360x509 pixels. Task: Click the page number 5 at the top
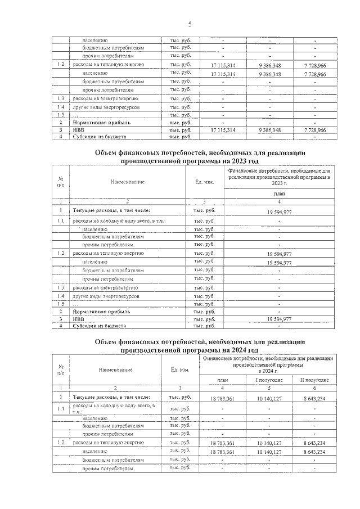pos(190,24)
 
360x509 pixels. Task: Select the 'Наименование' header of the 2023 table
pos(127,181)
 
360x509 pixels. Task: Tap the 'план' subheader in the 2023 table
pos(279,193)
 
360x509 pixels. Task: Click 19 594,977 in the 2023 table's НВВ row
pos(279,319)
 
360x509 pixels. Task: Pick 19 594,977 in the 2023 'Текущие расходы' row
pos(279,212)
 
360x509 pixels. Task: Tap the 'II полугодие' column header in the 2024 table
pos(315,380)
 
